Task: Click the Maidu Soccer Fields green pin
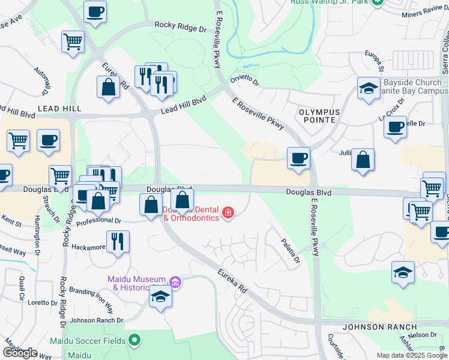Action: pyautogui.click(x=134, y=341)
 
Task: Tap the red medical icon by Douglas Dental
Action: pyautogui.click(x=228, y=212)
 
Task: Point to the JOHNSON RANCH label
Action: pyautogui.click(x=379, y=327)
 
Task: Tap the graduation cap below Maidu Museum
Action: pyautogui.click(x=160, y=297)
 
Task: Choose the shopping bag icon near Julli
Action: pyautogui.click(x=363, y=160)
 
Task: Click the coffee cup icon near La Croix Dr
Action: pyautogui.click(x=395, y=127)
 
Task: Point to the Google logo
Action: pyautogui.click(x=20, y=353)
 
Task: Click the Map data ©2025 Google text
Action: pyautogui.click(x=411, y=355)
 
